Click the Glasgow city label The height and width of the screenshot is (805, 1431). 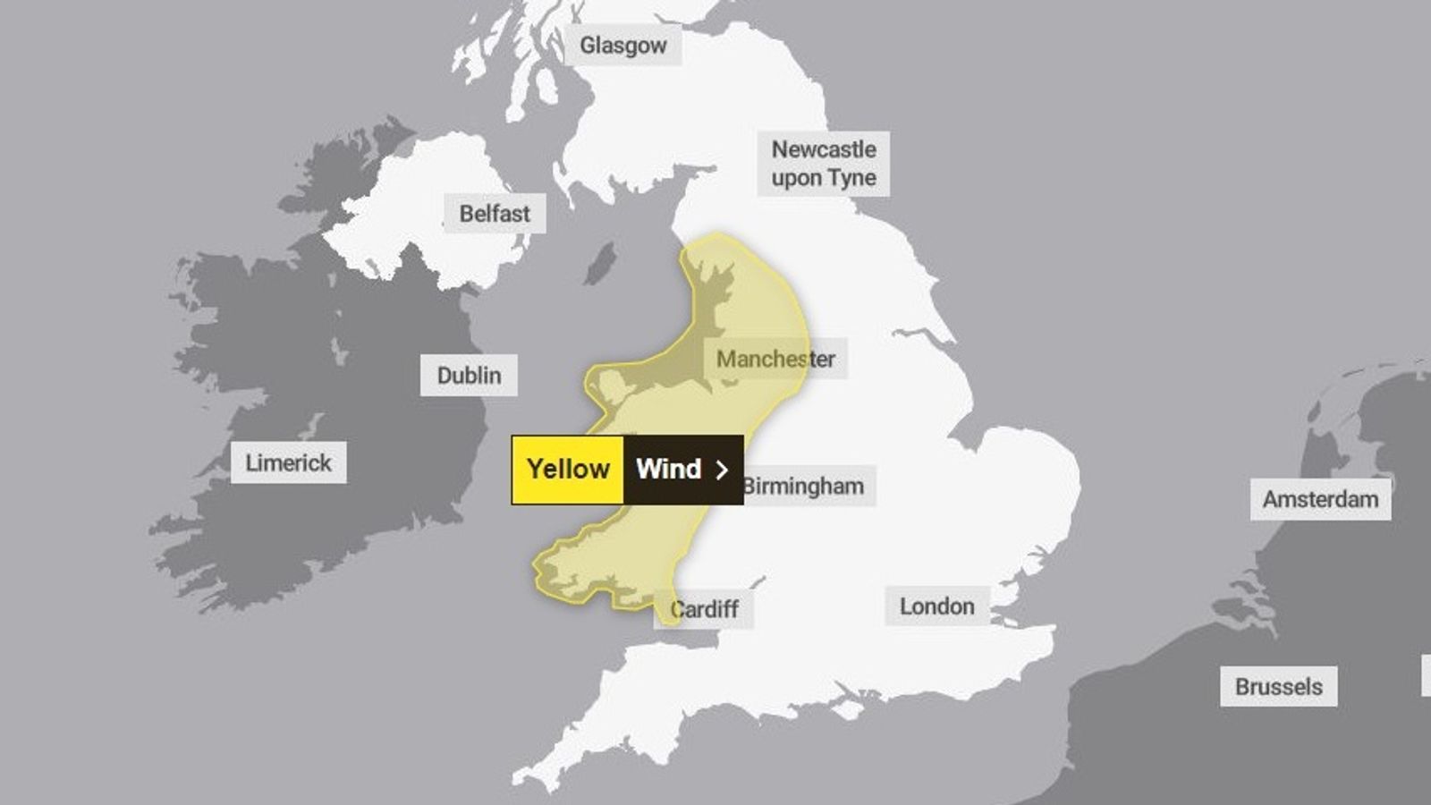click(622, 45)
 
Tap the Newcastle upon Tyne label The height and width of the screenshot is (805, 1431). click(824, 164)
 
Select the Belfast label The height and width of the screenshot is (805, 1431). click(495, 214)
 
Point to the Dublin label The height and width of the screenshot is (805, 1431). click(469, 376)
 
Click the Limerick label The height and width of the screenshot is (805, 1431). click(288, 463)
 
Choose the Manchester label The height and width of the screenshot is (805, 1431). click(775, 360)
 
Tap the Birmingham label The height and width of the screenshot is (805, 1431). click(804, 487)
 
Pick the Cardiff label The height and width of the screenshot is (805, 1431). click(705, 610)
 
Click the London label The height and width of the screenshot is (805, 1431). click(936, 606)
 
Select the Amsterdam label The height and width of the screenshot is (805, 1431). click(1320, 499)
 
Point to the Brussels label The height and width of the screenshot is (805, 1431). click(1278, 687)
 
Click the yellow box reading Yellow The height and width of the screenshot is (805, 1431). click(568, 470)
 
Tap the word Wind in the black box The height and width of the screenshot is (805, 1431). click(668, 470)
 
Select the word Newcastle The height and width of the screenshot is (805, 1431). click(824, 149)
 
